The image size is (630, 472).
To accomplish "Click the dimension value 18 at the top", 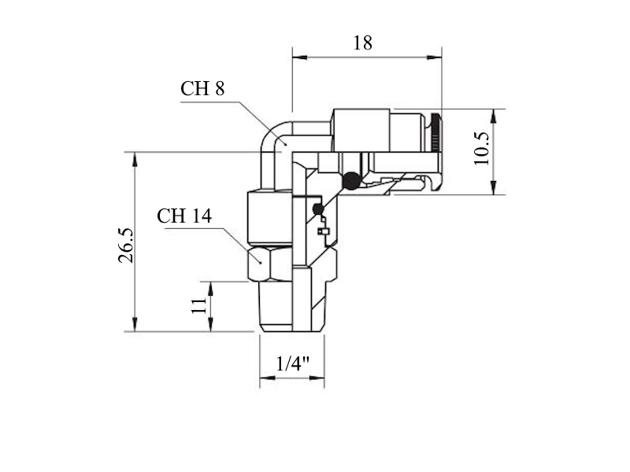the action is (362, 43).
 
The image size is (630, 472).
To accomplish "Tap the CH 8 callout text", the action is (202, 88).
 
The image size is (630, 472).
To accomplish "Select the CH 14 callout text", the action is (184, 216).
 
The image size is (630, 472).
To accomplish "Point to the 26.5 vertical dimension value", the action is (125, 245).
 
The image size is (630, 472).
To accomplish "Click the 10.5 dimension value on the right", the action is (481, 149).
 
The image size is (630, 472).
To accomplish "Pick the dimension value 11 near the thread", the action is (199, 306).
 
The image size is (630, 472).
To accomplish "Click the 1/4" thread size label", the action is (292, 363).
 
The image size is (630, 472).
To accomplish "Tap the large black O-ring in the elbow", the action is (351, 181).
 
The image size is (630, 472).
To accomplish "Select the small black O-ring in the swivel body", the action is (318, 208).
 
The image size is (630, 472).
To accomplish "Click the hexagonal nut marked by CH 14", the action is (270, 264).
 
